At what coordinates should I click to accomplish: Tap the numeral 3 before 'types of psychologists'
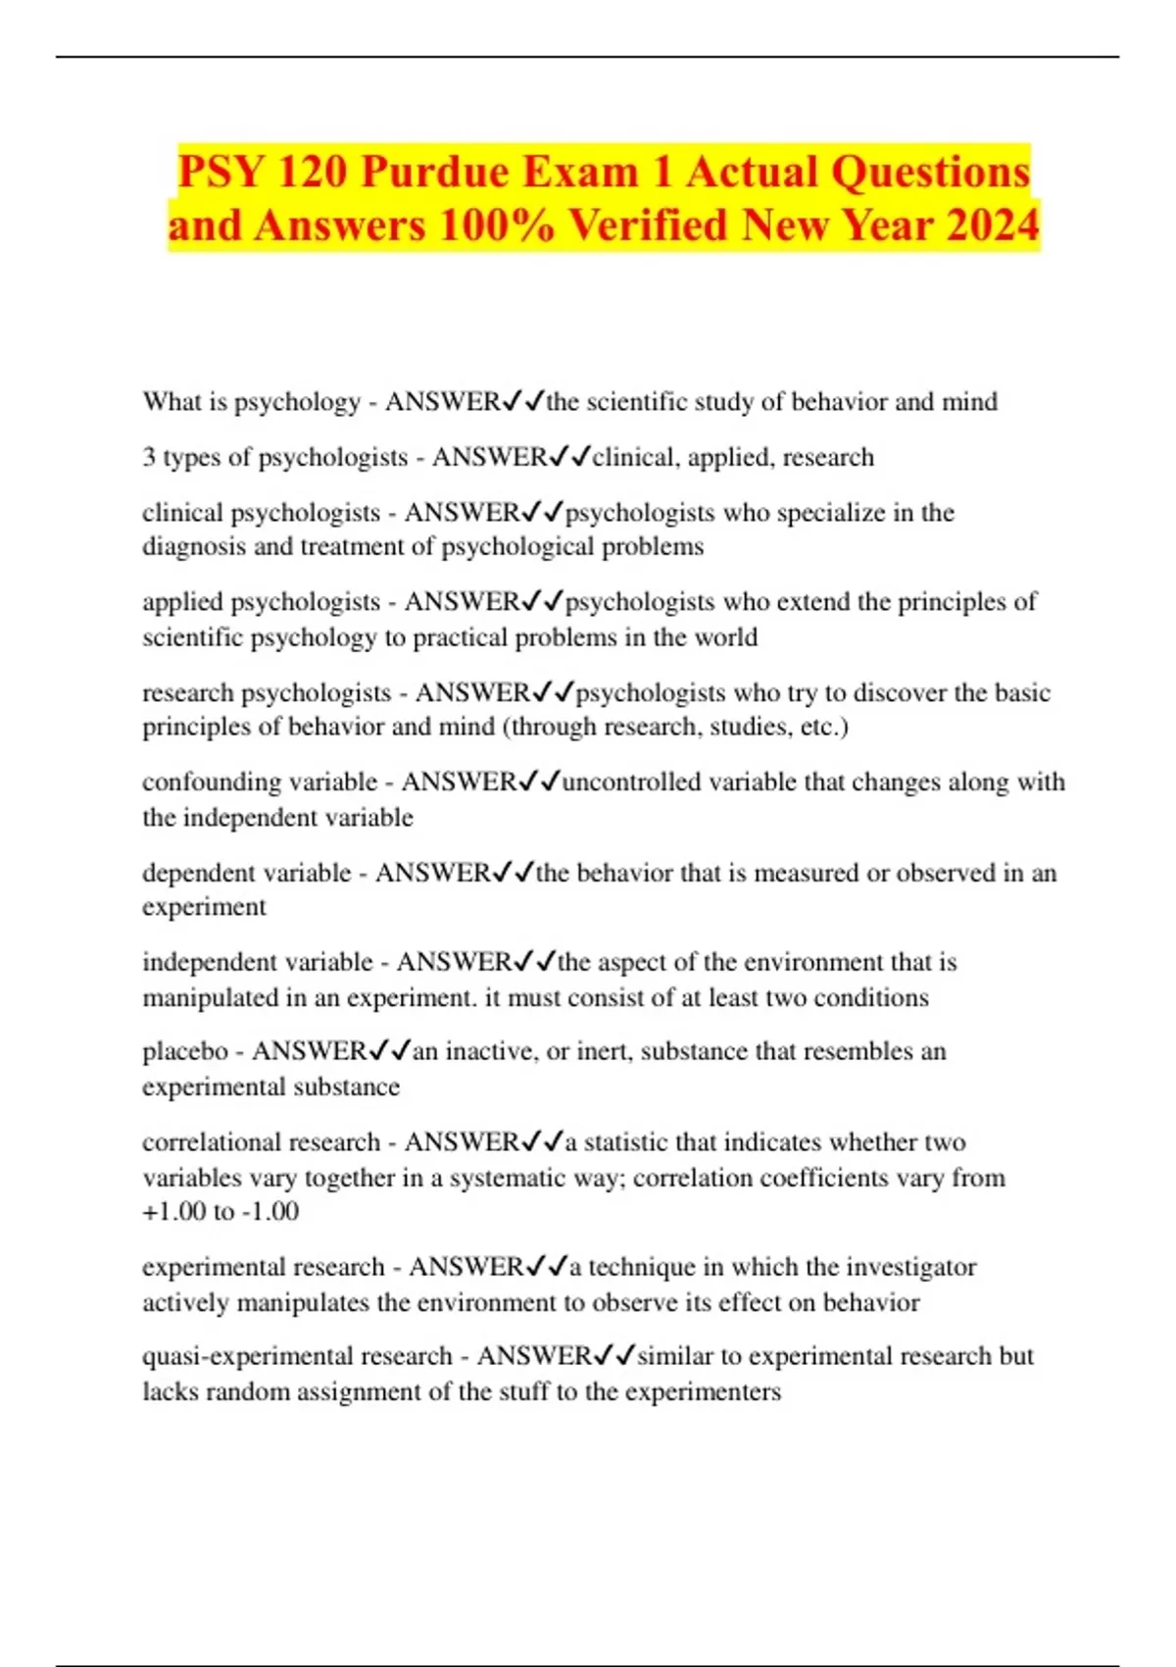click(149, 458)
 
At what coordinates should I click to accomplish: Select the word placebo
click(185, 1051)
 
